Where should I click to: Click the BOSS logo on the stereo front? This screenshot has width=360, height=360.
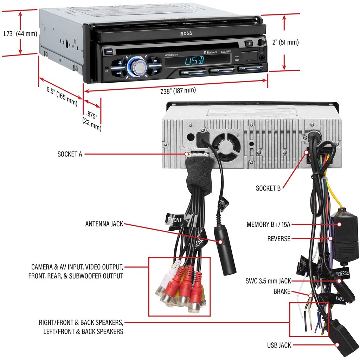186,34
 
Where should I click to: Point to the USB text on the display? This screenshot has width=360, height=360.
194,60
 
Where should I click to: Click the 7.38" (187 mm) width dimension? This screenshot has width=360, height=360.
178,91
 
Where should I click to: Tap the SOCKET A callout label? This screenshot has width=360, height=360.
70,154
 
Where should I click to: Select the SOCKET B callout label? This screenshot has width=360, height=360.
268,188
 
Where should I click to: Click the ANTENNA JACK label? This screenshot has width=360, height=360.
104,224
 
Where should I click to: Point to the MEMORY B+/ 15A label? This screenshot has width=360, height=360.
269,224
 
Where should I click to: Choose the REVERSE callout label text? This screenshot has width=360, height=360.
279,239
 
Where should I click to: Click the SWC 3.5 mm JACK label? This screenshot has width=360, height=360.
268,281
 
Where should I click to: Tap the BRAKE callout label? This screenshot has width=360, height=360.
282,291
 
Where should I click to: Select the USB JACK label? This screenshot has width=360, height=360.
279,345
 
